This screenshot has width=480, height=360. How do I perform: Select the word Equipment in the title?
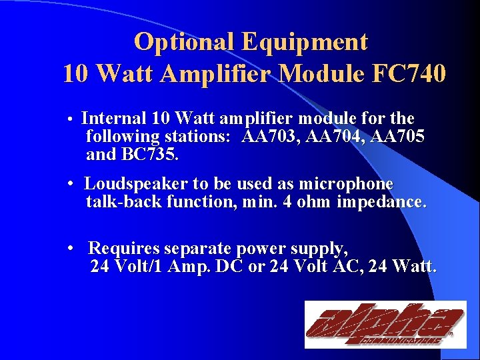point(305,42)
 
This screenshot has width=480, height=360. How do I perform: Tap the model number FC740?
point(406,74)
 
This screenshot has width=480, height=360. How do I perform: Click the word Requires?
point(124,249)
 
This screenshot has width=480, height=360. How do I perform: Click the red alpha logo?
point(385,325)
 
